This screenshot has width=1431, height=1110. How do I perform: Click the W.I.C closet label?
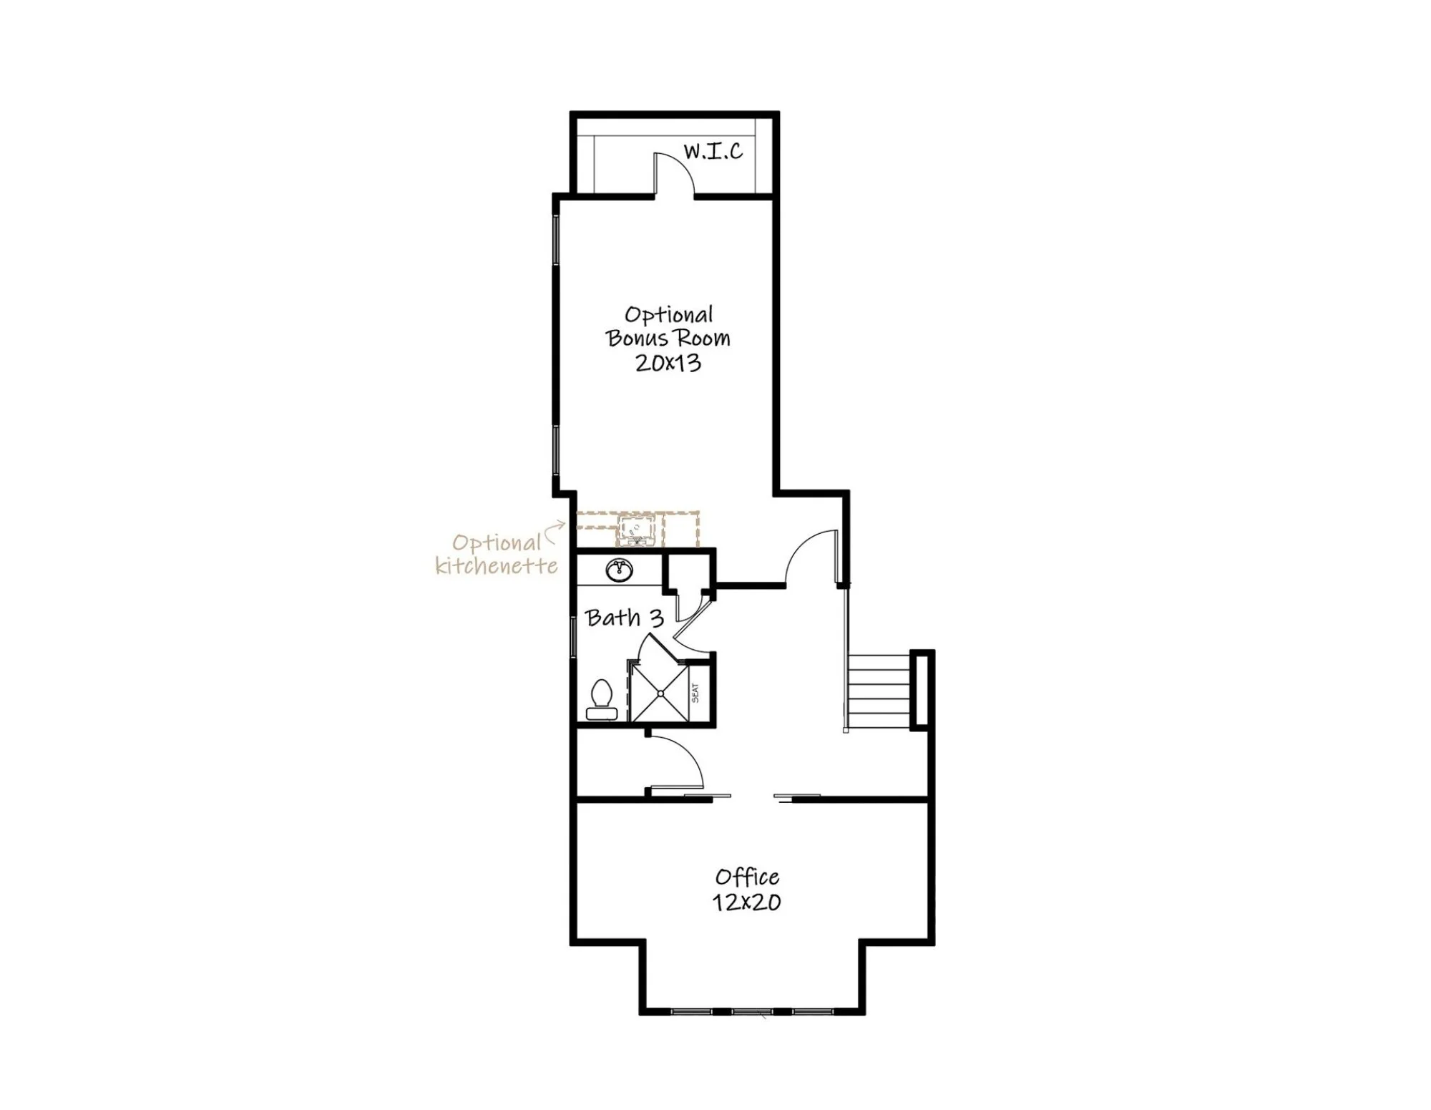[713, 151]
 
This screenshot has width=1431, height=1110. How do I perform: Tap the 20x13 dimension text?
[668, 363]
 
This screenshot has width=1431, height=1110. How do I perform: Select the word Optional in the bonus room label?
[669, 315]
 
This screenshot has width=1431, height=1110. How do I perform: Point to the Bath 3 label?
[625, 618]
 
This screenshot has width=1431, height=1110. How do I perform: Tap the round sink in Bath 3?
[620, 570]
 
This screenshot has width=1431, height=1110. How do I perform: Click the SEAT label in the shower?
[695, 692]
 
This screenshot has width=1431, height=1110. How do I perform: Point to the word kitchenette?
[497, 566]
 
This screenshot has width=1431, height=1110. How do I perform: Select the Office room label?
[748, 877]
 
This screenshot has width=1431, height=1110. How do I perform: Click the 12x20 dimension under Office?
[746, 902]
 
